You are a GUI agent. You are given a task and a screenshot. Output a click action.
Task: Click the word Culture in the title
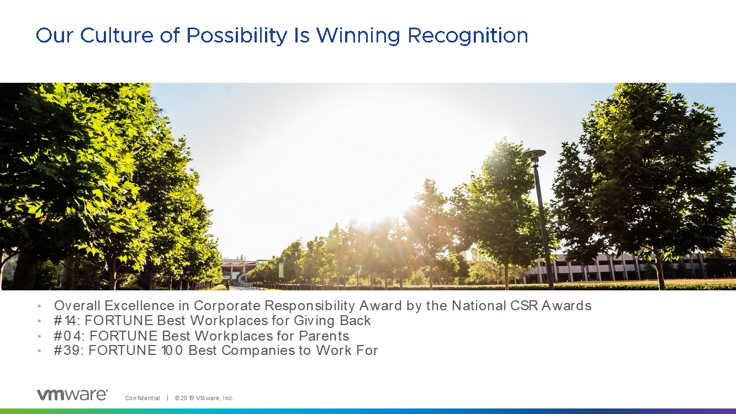(117, 35)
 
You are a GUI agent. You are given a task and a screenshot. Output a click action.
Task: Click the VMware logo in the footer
(72, 395)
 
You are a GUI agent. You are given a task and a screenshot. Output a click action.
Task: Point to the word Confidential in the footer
(142, 398)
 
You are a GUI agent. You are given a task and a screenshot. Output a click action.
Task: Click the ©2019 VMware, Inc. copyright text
(204, 398)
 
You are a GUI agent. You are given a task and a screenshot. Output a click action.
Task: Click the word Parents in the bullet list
(324, 336)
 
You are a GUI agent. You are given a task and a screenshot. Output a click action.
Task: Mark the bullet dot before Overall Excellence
(39, 306)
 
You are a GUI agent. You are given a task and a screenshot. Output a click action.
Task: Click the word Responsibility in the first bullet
(310, 306)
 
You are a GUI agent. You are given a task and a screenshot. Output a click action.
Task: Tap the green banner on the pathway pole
(281, 269)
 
